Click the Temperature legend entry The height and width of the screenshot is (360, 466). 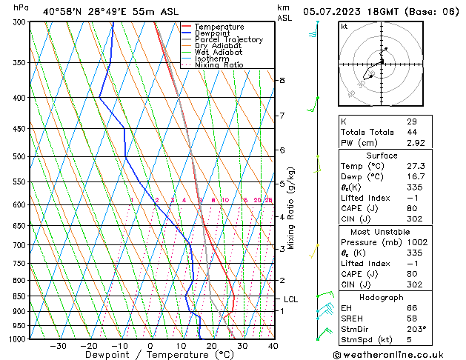click(x=220, y=27)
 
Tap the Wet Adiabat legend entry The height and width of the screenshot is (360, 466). click(x=218, y=52)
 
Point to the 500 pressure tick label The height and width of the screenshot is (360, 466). click(x=20, y=157)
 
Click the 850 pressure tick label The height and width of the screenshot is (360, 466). click(x=20, y=297)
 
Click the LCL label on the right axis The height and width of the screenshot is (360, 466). click(x=290, y=300)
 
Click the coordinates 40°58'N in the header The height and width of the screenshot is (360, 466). click(x=64, y=11)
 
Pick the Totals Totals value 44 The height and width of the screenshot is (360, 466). click(x=411, y=132)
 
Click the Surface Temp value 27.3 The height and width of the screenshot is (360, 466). click(x=415, y=167)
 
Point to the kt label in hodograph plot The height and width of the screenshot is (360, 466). click(x=344, y=27)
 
